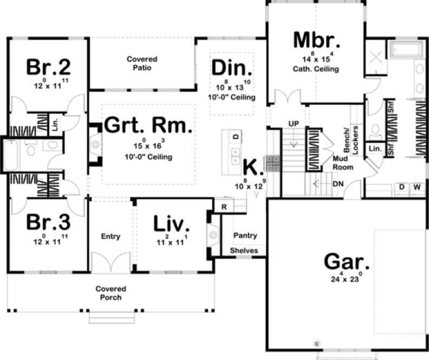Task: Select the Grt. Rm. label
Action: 148,126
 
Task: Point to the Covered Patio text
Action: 142,63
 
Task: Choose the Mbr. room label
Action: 316,41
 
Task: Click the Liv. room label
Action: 171,223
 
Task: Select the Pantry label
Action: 245,236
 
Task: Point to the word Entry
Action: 110,236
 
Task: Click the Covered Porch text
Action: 110,293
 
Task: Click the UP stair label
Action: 294,124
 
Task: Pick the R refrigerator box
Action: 223,206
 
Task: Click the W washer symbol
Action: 417,187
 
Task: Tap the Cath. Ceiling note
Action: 316,69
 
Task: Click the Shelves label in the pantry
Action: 244,250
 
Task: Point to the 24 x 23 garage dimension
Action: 347,280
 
